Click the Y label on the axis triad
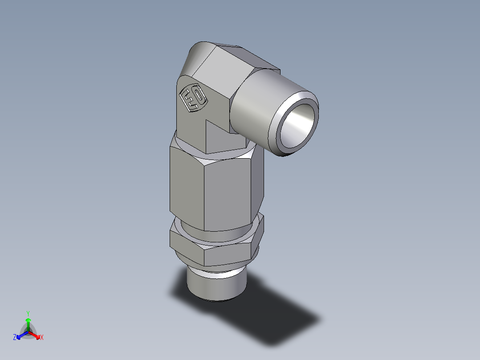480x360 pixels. [28, 313]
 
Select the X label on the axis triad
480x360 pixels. [41, 338]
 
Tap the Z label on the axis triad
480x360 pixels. [15, 338]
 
